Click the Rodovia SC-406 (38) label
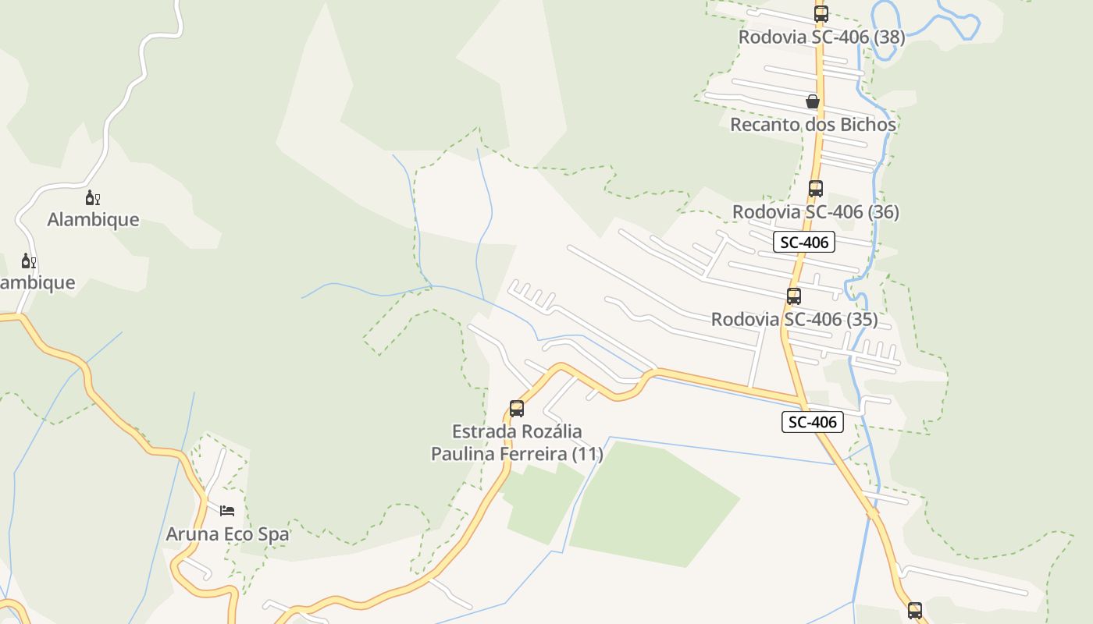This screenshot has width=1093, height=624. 821,37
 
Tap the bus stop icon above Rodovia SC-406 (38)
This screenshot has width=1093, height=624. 821,13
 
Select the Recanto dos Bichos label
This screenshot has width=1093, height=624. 813,124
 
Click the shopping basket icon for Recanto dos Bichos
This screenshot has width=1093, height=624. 813,101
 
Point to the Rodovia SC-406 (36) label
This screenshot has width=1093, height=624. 815,211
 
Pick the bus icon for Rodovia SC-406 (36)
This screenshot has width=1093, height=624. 815,188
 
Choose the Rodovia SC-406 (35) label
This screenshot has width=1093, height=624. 794,319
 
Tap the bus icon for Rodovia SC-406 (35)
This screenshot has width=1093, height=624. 794,296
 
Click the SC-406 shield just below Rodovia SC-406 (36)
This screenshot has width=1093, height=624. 804,242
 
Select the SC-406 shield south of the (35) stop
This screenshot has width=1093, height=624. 813,422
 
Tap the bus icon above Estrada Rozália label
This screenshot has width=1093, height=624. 516,408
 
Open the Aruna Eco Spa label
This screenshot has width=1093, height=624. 227,534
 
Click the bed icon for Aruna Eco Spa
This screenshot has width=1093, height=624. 227,511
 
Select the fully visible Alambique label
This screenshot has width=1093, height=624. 93,219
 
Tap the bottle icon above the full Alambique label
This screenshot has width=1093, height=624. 93,197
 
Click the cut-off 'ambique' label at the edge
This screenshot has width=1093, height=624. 37,282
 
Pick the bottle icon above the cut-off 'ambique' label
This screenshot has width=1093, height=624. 28,261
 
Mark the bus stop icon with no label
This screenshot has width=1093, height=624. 914,610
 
